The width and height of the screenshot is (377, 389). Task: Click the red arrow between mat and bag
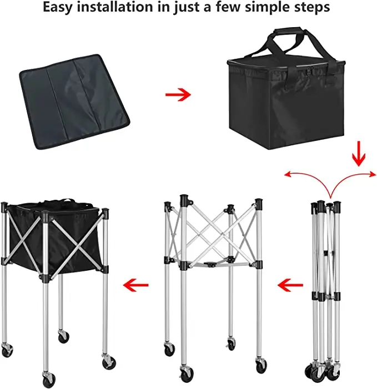point(178,94)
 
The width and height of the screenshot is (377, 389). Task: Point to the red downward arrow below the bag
point(358,155)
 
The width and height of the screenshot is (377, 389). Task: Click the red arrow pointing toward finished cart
point(136,286)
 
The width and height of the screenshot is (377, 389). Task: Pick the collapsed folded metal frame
point(326,277)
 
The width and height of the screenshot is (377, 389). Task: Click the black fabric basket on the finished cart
point(56,233)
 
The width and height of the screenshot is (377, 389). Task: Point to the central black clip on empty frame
point(213,266)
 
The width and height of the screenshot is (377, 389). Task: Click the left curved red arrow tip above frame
point(287,175)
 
